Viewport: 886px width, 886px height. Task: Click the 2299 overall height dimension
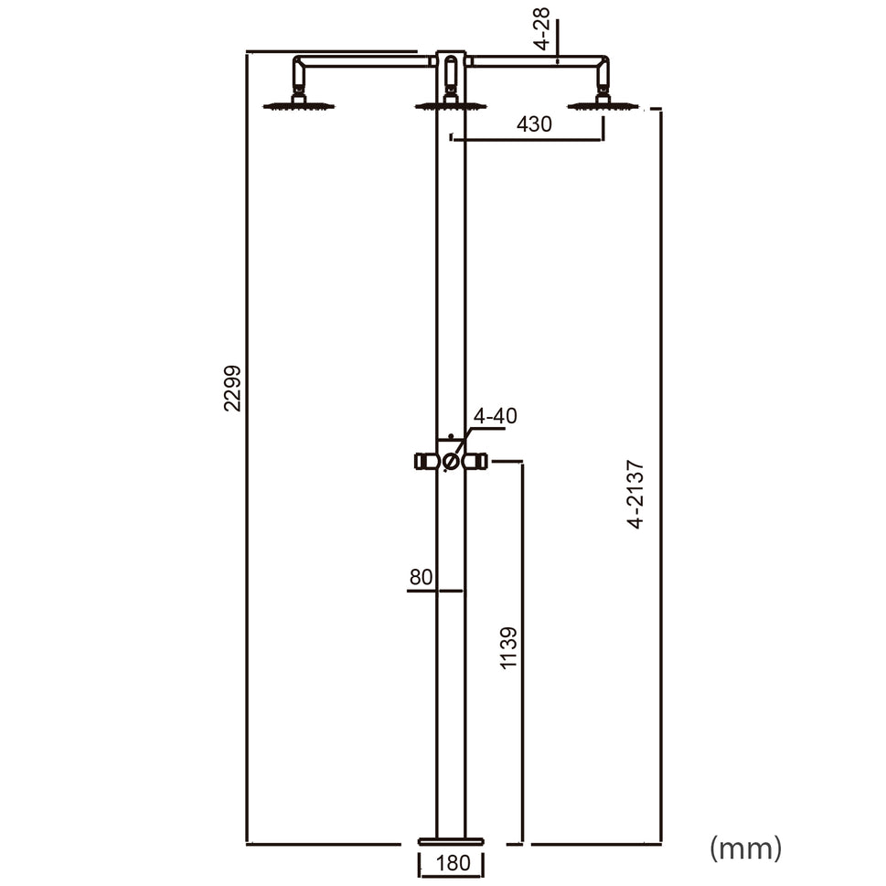coord(233,388)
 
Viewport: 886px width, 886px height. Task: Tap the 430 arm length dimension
coord(534,124)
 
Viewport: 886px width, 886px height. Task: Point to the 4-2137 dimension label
coord(635,495)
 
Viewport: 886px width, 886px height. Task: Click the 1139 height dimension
coord(509,647)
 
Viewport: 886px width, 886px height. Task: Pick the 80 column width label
coord(421,577)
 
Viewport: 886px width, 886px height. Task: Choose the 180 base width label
coord(451,863)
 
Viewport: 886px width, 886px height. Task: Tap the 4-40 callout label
coord(495,416)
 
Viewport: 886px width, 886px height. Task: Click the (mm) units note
coord(746,848)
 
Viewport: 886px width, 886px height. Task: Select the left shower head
coord(299,106)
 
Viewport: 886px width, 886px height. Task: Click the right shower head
coord(603,106)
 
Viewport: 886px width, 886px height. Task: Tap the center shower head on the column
coord(451,106)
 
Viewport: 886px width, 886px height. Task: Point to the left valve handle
coord(425,462)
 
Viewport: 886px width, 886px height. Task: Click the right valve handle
coord(475,462)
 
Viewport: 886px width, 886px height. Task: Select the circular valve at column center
coord(451,463)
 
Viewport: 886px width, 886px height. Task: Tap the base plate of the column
coord(451,840)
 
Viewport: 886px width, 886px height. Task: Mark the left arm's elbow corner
coord(299,63)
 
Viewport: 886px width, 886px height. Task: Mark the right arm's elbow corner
coord(602,63)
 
